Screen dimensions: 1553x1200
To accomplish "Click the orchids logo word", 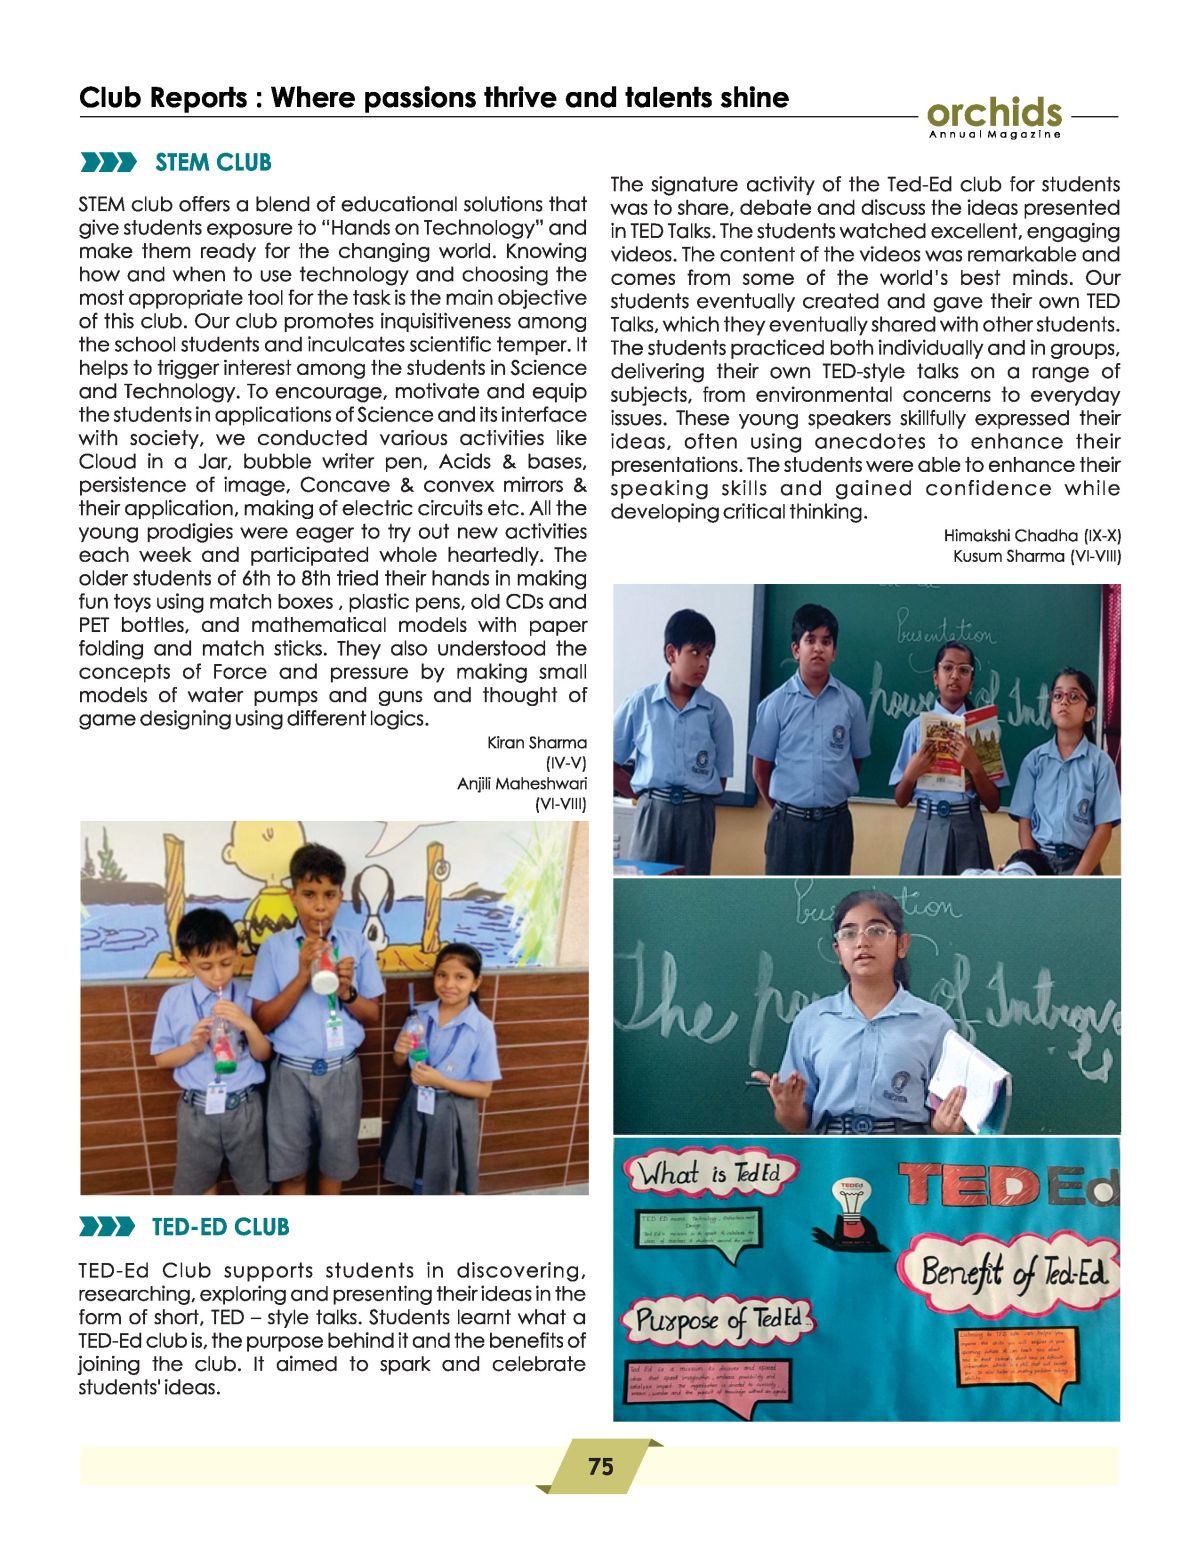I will click(994, 112).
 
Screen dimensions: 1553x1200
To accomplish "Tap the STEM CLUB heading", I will click(213, 162).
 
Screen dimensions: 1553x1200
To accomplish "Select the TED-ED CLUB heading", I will click(220, 1227).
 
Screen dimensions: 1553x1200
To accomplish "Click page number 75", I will click(600, 1466).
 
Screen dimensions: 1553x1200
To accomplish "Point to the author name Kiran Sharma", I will click(536, 742).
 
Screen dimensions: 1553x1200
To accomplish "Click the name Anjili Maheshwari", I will click(522, 783).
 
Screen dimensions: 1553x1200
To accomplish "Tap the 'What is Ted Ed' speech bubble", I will click(709, 1172).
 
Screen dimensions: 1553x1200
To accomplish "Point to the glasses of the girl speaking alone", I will click(865, 933).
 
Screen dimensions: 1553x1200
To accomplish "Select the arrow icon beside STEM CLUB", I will click(107, 163).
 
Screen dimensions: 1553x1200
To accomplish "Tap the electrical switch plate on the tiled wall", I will click(369, 1128).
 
